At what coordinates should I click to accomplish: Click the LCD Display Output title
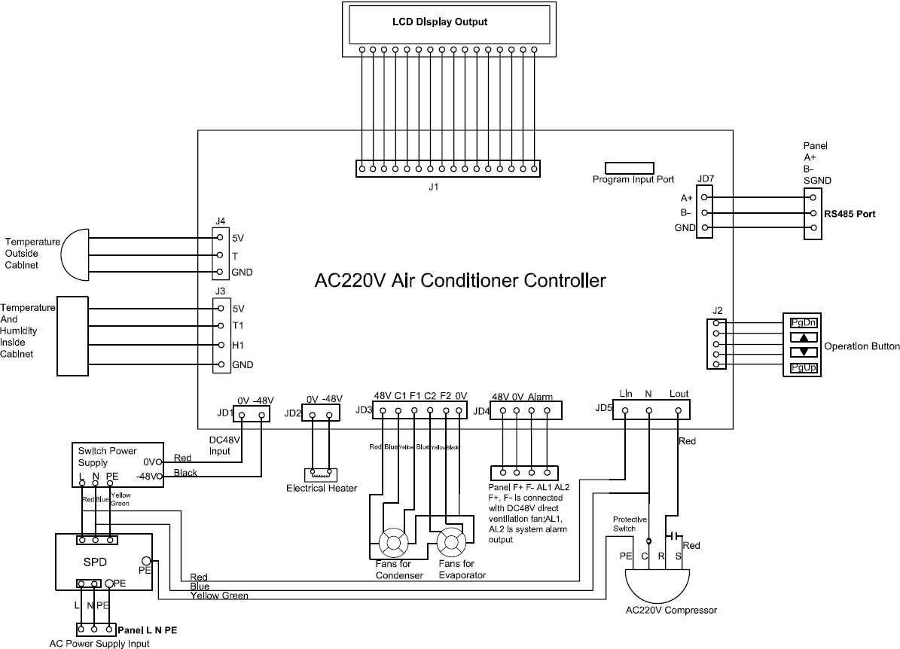click(440, 22)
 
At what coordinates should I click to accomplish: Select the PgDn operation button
click(803, 322)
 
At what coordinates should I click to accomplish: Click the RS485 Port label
click(850, 214)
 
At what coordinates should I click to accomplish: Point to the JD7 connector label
click(706, 179)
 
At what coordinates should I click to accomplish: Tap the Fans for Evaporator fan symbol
click(452, 541)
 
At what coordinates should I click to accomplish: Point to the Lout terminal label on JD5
click(679, 394)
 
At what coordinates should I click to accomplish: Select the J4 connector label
click(220, 221)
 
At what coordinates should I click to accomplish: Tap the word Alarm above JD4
click(540, 397)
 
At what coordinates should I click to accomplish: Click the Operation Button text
click(862, 347)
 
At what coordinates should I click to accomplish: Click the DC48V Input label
click(224, 445)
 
